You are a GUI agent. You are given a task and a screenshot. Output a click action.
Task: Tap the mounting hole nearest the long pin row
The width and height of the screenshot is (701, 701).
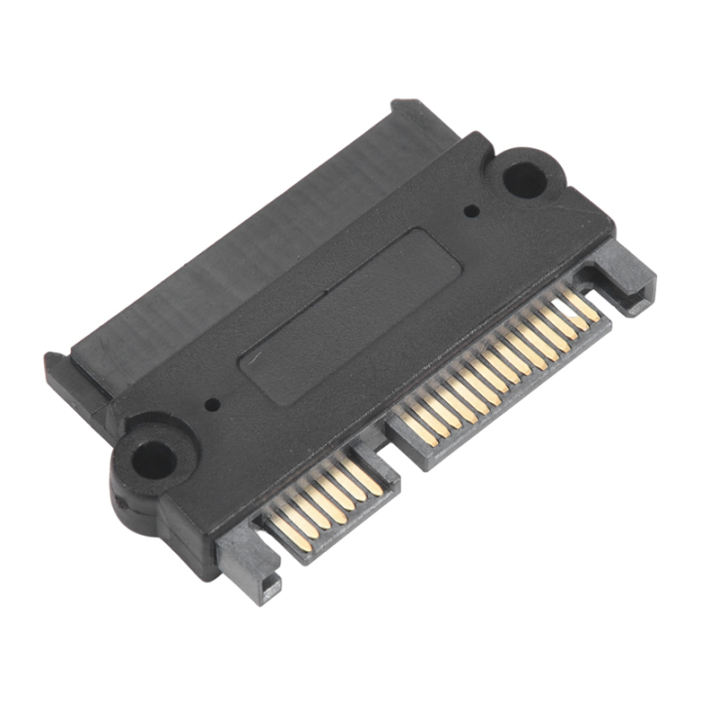click(526, 179)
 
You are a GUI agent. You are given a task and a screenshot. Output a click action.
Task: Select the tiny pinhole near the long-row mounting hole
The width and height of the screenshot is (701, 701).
click(472, 209)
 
